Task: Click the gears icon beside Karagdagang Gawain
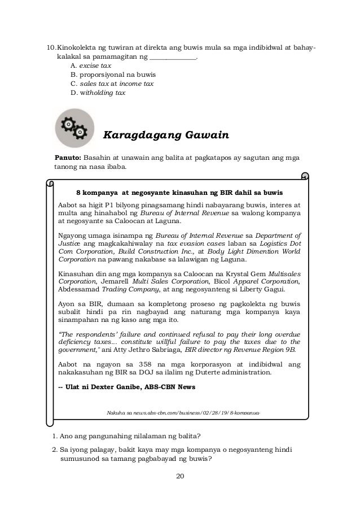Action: pyautogui.click(x=74, y=125)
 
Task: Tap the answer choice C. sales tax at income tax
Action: pyautogui.click(x=112, y=83)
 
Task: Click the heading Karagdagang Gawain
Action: pyautogui.click(x=165, y=136)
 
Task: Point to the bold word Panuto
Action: pyautogui.click(x=68, y=156)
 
